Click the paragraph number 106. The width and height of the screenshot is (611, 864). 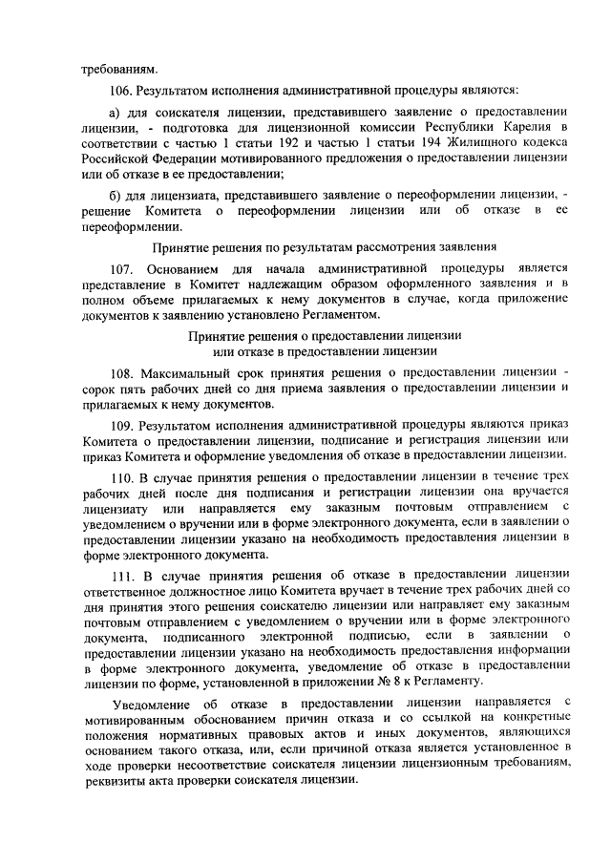point(122,93)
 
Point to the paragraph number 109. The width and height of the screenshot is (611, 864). point(122,425)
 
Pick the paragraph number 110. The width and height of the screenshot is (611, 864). point(122,476)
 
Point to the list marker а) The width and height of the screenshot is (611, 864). point(116,110)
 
